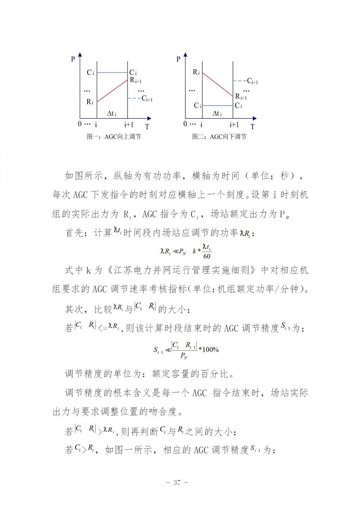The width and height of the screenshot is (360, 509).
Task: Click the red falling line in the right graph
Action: tap(217, 85)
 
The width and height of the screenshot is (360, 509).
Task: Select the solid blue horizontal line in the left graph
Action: tap(112, 73)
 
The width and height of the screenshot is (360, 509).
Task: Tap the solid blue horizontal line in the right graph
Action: tap(217, 106)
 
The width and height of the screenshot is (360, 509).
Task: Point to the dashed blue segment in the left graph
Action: tap(134, 99)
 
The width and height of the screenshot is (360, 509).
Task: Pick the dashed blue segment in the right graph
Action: tap(239, 81)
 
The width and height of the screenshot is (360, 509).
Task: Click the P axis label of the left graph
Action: tap(73, 59)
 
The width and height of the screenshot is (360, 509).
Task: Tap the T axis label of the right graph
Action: tap(252, 127)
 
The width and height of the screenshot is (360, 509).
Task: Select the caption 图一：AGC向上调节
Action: tap(114, 137)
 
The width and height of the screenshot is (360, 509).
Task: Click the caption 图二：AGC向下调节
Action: tap(219, 137)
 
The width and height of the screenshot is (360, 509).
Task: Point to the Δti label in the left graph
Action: tap(112, 114)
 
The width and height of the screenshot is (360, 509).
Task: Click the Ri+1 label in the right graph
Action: tap(241, 96)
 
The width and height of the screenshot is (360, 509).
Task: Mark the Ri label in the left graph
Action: tap(90, 102)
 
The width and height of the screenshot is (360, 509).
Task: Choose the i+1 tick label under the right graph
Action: tap(234, 125)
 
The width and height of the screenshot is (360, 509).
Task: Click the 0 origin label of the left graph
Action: tap(80, 124)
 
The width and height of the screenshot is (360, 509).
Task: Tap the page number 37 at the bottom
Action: tap(176, 483)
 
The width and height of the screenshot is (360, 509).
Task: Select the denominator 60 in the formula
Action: tap(207, 256)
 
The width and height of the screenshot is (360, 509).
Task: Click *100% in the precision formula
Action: tap(209, 350)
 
